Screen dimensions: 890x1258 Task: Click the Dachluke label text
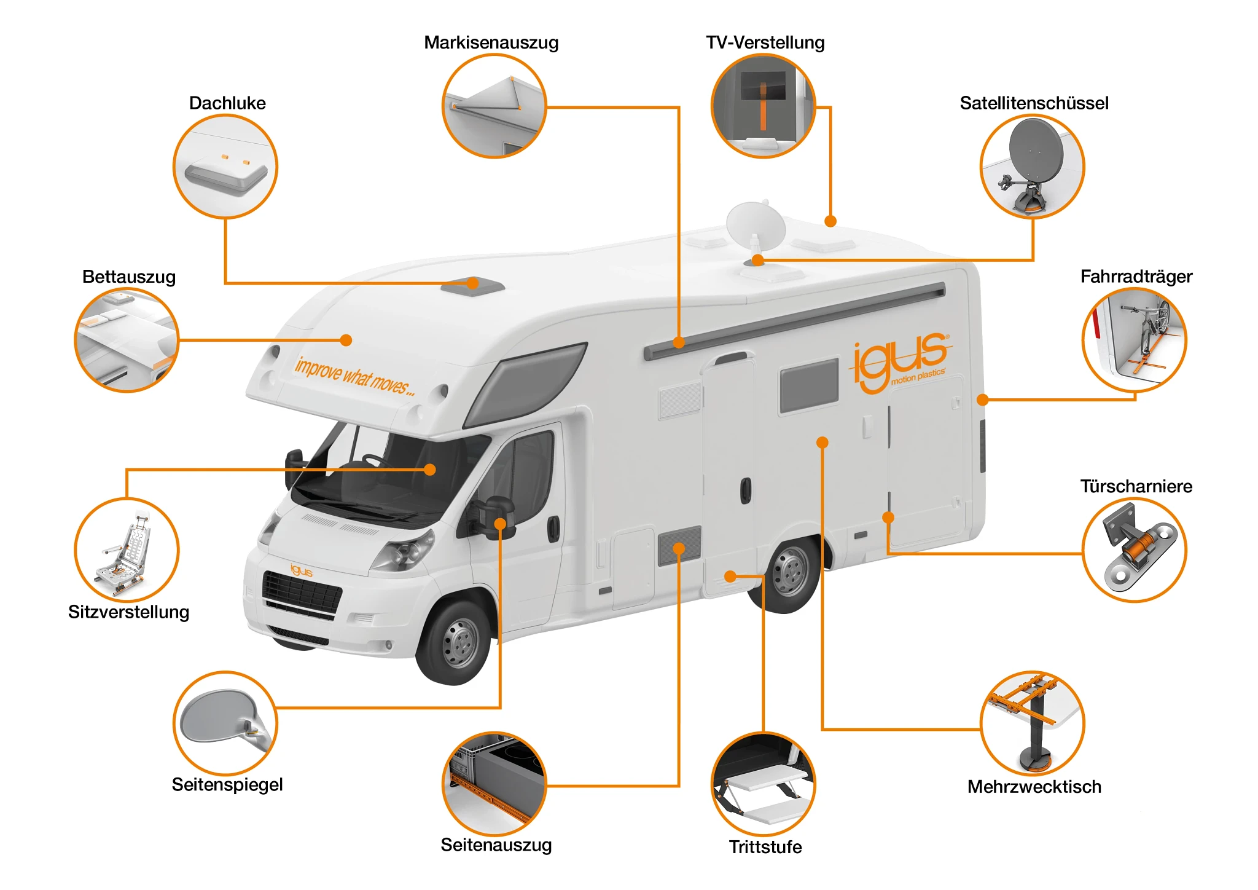pyautogui.click(x=227, y=103)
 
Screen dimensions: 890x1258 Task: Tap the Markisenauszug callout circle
pyautogui.click(x=494, y=106)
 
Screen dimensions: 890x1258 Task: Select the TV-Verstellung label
pyautogui.click(x=765, y=42)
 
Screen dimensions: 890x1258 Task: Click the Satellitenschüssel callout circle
pyautogui.click(x=1032, y=167)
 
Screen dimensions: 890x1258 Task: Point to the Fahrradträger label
pyautogui.click(x=1136, y=277)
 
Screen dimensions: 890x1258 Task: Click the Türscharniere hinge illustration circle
pyautogui.click(x=1134, y=550)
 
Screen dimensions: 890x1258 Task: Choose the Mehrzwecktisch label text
pyautogui.click(x=1034, y=787)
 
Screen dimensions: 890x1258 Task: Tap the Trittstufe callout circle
pyautogui.click(x=763, y=784)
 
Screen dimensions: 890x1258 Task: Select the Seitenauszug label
pyautogui.click(x=496, y=845)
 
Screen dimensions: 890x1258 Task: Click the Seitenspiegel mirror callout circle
pyautogui.click(x=225, y=723)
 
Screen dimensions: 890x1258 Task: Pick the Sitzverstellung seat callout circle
pyautogui.click(x=127, y=550)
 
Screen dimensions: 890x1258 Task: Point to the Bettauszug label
pyautogui.click(x=129, y=277)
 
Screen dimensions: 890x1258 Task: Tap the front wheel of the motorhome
pyautogui.click(x=458, y=642)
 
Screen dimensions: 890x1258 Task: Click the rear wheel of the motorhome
pyautogui.click(x=790, y=572)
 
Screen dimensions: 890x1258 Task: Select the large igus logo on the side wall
pyautogui.click(x=900, y=361)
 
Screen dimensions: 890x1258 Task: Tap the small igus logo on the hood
pyautogui.click(x=301, y=570)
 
